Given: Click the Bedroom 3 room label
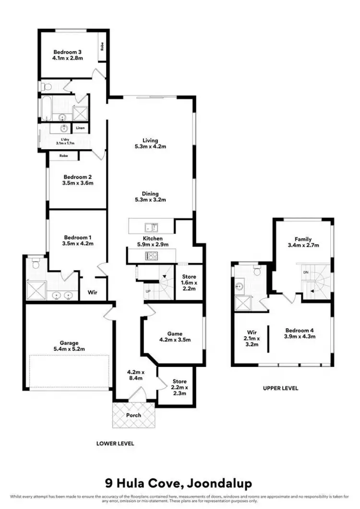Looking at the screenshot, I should (x=68, y=54).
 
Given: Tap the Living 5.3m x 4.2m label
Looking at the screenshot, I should (x=146, y=143).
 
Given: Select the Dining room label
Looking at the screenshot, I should (x=146, y=197).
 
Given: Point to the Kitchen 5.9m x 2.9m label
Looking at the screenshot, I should (x=152, y=241).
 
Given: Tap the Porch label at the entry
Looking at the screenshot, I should (x=133, y=415).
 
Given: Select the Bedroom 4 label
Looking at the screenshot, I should (x=299, y=333).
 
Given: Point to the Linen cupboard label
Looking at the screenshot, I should (x=79, y=129).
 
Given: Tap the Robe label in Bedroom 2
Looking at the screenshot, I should (x=63, y=156).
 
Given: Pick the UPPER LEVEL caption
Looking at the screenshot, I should (x=281, y=388).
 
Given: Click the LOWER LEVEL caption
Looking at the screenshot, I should (x=115, y=443).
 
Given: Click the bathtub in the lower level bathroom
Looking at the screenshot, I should (x=47, y=109).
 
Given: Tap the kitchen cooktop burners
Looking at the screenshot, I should (x=152, y=256).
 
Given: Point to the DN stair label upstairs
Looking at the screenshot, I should (x=305, y=272).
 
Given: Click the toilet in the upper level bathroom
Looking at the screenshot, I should (x=257, y=272).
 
